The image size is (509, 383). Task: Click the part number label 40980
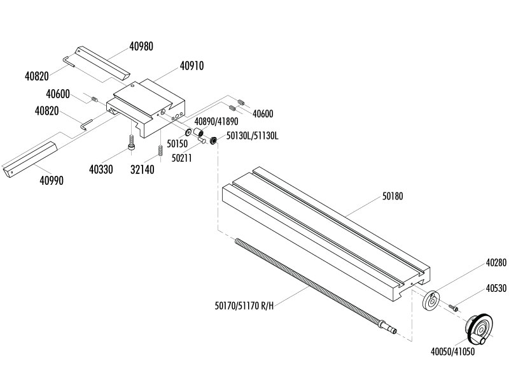click(141, 47)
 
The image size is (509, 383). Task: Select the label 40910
click(192, 66)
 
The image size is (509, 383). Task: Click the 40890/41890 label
click(216, 120)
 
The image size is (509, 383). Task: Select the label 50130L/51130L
click(253, 137)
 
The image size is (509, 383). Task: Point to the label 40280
click(496, 263)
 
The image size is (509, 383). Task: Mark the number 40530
click(496, 288)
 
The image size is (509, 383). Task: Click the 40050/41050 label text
click(452, 351)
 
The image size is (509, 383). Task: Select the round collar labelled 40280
click(431, 300)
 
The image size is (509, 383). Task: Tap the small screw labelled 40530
click(454, 307)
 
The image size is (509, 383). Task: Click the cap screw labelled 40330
click(130, 141)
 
